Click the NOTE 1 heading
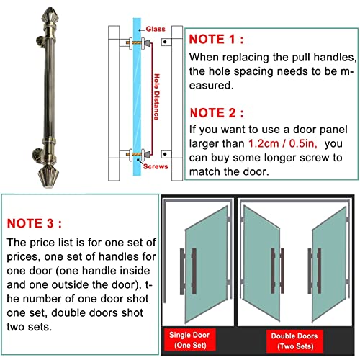coord(216,39)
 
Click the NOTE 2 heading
coord(217,113)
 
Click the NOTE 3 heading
coord(35,223)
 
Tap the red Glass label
coord(156,29)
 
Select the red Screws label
coord(156,166)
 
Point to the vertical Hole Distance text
coord(156,96)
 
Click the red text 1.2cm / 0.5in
coord(282,143)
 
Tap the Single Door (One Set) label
coord(189,340)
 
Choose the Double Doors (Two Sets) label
coord(294,341)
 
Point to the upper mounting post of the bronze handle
coord(40,41)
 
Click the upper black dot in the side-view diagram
coord(165,42)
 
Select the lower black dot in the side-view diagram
coord(165,154)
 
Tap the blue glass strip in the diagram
coord(137,96)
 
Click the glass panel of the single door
coord(207,264)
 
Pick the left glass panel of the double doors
coord(261,264)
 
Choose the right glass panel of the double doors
coord(329,264)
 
